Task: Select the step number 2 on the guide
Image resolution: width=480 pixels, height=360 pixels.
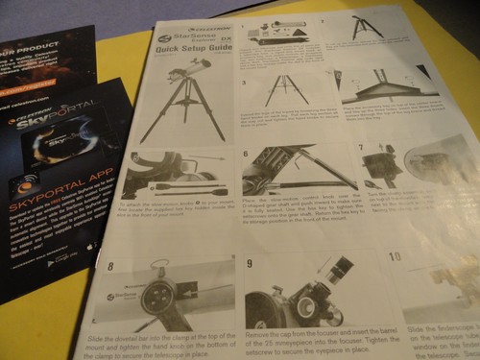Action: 324,19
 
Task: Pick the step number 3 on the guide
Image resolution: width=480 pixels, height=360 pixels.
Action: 244,83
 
